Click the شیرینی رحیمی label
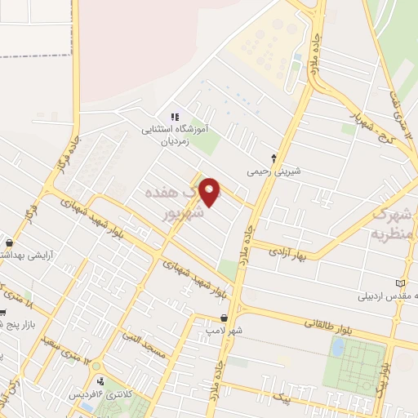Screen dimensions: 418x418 (x=274, y=172)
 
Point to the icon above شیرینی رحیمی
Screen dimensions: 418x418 (x=274, y=158)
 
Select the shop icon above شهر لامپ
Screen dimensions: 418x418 (x=224, y=318)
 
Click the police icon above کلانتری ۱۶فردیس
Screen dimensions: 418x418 (x=99, y=380)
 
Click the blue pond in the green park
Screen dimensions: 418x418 (x=337, y=348)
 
